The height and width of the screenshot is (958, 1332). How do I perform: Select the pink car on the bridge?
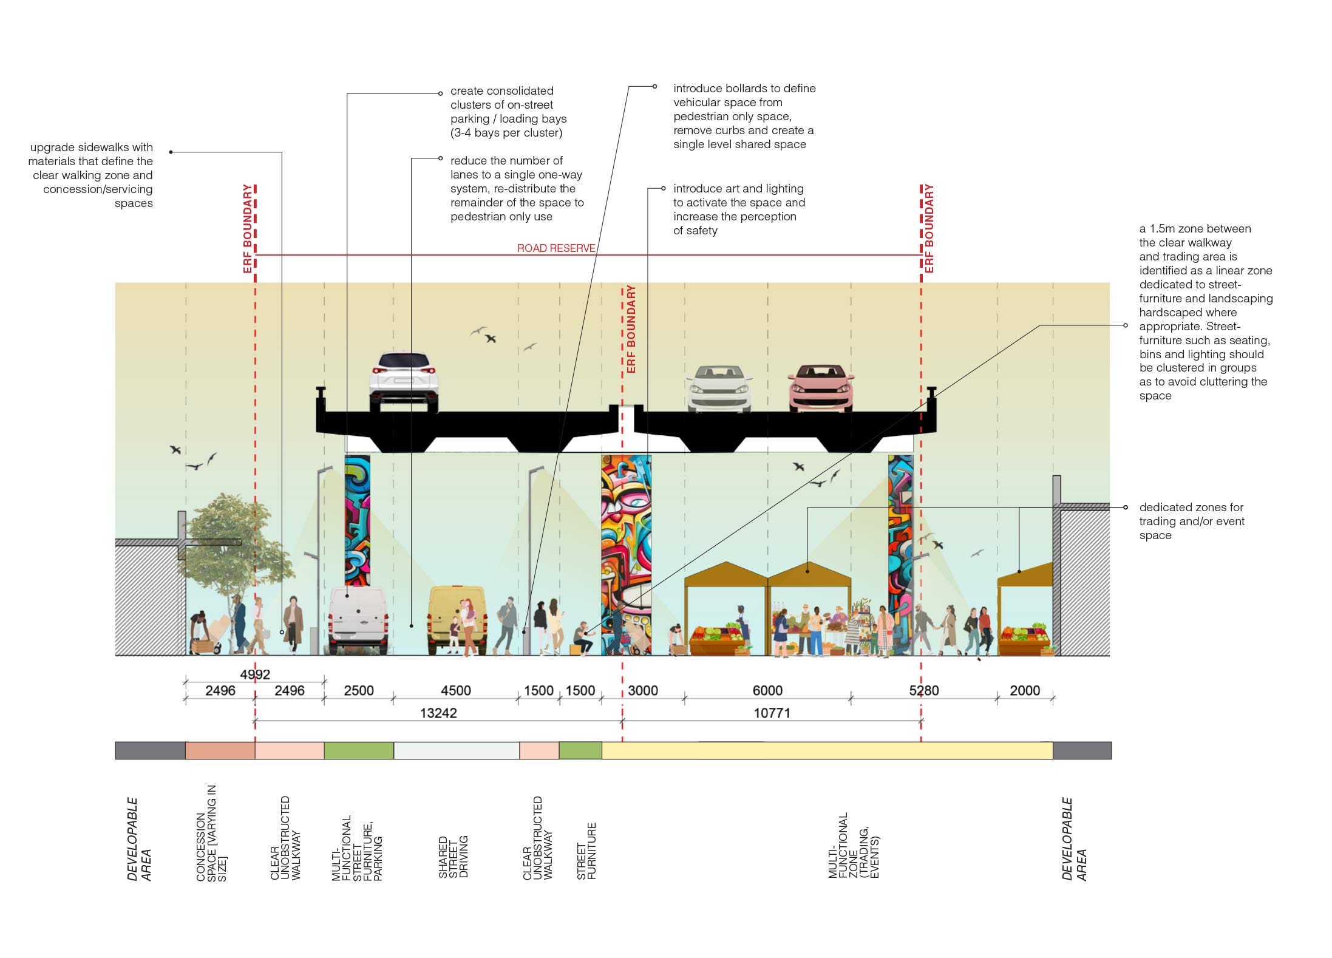821,389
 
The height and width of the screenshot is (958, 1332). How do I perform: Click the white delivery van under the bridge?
358,619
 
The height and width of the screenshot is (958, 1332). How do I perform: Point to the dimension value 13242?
438,713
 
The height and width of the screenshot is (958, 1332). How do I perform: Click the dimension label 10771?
772,713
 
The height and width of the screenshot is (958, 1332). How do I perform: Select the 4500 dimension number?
455,690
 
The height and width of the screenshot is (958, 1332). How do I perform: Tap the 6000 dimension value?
767,690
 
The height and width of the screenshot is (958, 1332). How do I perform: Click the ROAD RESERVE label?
556,248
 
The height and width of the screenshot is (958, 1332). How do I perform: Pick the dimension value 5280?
923,690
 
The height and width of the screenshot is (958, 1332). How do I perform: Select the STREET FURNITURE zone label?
586,851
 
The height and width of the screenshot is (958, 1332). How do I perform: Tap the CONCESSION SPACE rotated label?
211,833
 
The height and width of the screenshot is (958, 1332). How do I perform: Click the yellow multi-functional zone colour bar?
827,750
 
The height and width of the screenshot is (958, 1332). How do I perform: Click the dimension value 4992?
255,674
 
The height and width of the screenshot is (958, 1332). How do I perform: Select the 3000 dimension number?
642,690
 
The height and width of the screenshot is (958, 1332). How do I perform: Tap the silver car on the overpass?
719,389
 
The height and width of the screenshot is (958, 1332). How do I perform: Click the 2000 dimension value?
1024,690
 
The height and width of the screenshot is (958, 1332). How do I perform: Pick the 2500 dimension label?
359,690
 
